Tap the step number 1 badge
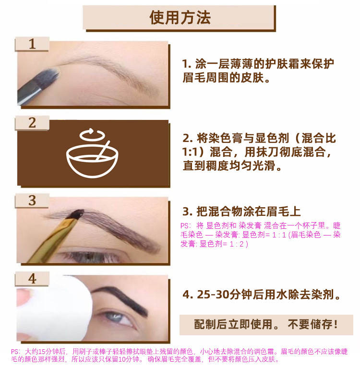[32, 45]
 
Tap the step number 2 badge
[32, 123]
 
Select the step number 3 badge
[32, 201]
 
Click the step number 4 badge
[32, 279]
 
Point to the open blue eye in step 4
[115, 318]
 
